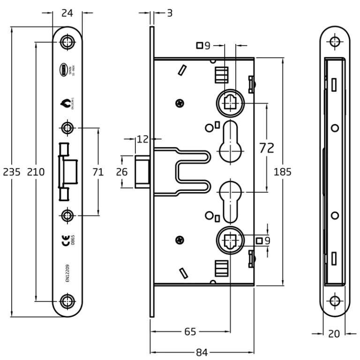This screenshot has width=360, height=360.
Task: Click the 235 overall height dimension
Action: click(x=12, y=172)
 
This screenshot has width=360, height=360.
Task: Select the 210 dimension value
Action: click(x=36, y=172)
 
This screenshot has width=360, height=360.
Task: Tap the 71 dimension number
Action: click(x=98, y=172)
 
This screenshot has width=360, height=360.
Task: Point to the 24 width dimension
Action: click(x=67, y=14)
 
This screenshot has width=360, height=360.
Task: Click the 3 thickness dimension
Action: click(x=170, y=13)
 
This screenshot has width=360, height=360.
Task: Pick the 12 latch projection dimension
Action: click(x=142, y=139)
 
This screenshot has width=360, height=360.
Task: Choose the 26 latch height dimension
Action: click(x=122, y=172)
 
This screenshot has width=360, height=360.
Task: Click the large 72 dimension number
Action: click(x=267, y=148)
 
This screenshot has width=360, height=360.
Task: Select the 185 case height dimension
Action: click(x=283, y=172)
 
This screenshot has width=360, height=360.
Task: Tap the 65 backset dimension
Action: click(x=189, y=332)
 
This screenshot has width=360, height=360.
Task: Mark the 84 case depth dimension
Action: click(x=202, y=352)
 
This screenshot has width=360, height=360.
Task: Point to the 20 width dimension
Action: click(x=334, y=334)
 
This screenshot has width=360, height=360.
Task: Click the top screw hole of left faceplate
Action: click(x=68, y=42)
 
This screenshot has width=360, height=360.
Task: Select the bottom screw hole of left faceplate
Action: click(x=68, y=300)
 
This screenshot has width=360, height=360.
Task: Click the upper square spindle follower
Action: click(x=231, y=102)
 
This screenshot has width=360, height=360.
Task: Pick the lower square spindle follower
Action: click(x=231, y=240)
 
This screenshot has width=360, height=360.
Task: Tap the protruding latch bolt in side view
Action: click(x=142, y=172)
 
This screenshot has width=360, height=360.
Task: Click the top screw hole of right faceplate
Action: click(x=334, y=42)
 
